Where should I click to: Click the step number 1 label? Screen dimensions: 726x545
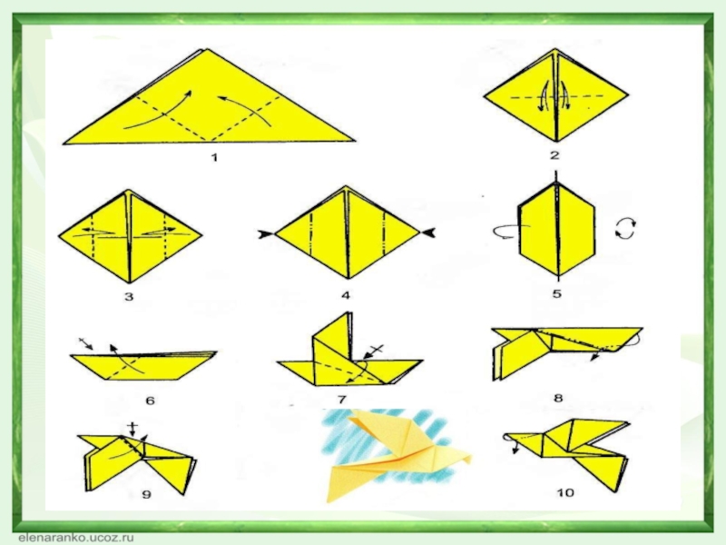pyautogui.click(x=214, y=157)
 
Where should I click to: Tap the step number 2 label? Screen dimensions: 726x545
pyautogui.click(x=555, y=155)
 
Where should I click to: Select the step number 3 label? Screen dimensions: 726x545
pyautogui.click(x=129, y=296)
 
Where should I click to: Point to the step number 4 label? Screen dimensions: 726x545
pyautogui.click(x=346, y=294)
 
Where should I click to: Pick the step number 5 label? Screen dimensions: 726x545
pyautogui.click(x=557, y=293)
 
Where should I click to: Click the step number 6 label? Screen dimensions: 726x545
pyautogui.click(x=150, y=401)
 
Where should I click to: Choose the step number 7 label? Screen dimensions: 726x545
pyautogui.click(x=342, y=400)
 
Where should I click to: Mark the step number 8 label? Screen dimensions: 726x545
pyautogui.click(x=558, y=398)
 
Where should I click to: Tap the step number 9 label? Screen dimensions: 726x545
pyautogui.click(x=146, y=494)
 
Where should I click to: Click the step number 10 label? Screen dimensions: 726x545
pyautogui.click(x=564, y=491)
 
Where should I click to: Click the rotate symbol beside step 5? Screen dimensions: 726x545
pyautogui.click(x=625, y=229)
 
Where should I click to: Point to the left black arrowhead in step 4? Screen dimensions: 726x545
pyautogui.click(x=266, y=234)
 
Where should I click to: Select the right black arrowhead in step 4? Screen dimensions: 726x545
pyautogui.click(x=427, y=233)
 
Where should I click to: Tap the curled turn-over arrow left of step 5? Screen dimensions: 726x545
pyautogui.click(x=507, y=231)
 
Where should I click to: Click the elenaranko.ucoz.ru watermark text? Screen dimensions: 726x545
pyautogui.click(x=76, y=538)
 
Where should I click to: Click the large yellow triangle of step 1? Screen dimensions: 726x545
pyautogui.click(x=210, y=104)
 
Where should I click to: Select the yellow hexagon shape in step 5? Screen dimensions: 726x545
pyautogui.click(x=556, y=231)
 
